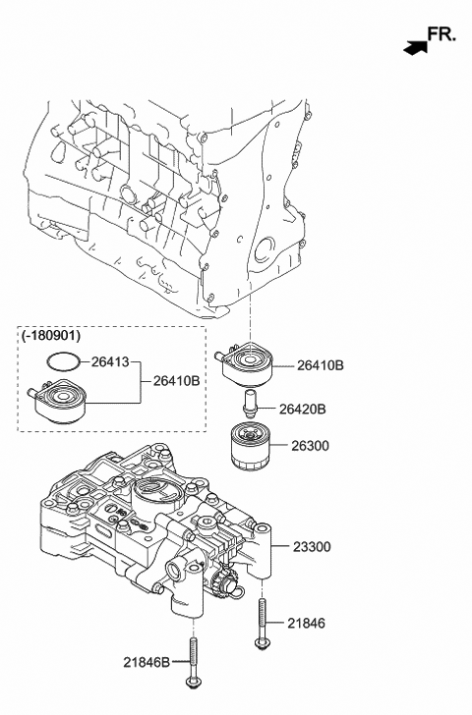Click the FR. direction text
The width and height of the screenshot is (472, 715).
click(x=442, y=34)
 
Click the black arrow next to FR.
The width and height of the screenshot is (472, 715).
click(x=415, y=44)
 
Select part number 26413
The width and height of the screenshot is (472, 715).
click(x=109, y=360)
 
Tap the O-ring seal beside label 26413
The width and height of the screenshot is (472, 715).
click(x=62, y=360)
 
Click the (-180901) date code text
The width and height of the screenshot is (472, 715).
click(x=52, y=336)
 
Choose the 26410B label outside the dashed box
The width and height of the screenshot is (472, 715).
click(x=321, y=365)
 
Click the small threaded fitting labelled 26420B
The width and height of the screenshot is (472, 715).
click(x=249, y=404)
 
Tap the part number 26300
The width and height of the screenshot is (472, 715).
click(x=311, y=445)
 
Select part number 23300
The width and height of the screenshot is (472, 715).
click(x=314, y=546)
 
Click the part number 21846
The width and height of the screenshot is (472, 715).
click(x=307, y=623)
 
